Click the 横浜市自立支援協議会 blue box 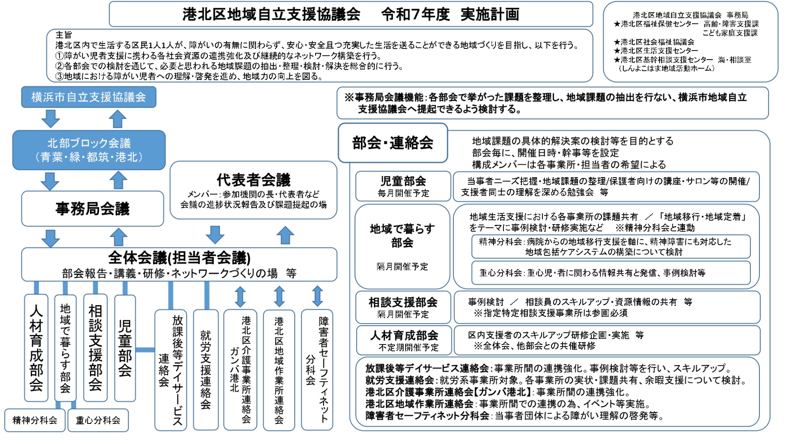88,97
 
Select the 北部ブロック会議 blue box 89,150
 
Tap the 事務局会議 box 92,208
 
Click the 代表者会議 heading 254,180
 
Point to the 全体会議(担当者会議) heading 179,258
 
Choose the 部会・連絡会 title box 392,143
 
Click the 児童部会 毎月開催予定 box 403,186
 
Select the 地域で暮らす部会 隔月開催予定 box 402,247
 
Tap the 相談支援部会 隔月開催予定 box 403,308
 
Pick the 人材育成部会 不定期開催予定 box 404,340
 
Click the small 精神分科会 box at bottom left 35,420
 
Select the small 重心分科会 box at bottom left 98,420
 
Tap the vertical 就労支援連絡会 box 205,370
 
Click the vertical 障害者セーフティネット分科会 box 317,370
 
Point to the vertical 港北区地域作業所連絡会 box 279,370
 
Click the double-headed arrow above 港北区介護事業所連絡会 240,297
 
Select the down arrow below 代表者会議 215,234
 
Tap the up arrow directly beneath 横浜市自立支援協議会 118,119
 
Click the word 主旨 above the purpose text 64,35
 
